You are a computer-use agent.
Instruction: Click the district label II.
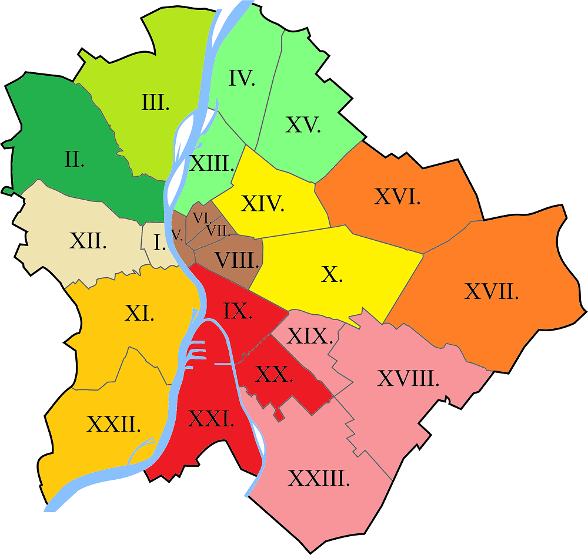pyautogui.click(x=74, y=159)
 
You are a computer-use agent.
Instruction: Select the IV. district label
pyautogui.click(x=241, y=78)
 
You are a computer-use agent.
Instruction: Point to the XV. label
pyautogui.click(x=303, y=125)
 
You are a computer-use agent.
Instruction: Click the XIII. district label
pyautogui.click(x=212, y=163)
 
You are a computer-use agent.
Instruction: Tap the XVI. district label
pyautogui.click(x=397, y=197)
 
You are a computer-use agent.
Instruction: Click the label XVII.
pyautogui.click(x=492, y=291)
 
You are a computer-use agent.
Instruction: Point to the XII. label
pyautogui.click(x=88, y=241)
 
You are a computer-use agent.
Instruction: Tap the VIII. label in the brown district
pyautogui.click(x=237, y=260)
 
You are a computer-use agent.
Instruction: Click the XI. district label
pyautogui.click(x=139, y=314)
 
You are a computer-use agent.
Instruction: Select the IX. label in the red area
pyautogui.click(x=238, y=311)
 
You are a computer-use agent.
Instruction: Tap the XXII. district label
pyautogui.click(x=113, y=423)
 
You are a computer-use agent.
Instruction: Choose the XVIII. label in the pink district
pyautogui.click(x=409, y=379)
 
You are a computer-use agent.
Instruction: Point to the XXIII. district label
pyautogui.click(x=319, y=479)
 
